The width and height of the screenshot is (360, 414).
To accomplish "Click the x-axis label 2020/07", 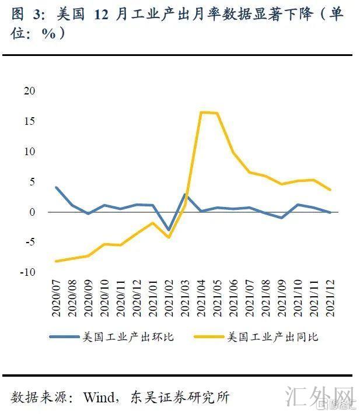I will coord(57,298).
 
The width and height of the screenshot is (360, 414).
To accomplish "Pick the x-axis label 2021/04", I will coord(201,298).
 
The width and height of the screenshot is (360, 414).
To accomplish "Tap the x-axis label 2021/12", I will coord(330,298).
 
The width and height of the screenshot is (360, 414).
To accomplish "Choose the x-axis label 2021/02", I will coord(169,298).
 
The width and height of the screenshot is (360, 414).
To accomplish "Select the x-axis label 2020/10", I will coord(105,298).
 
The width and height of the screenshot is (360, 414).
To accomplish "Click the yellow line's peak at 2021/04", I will coord(201,112).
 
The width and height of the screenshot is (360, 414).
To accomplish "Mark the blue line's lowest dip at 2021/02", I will coord(169,230).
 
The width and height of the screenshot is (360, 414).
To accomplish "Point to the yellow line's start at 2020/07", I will coord(57,261).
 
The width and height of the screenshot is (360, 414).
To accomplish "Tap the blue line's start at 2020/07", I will coord(57,188).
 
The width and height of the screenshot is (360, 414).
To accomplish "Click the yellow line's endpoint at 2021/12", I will coord(330,190).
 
